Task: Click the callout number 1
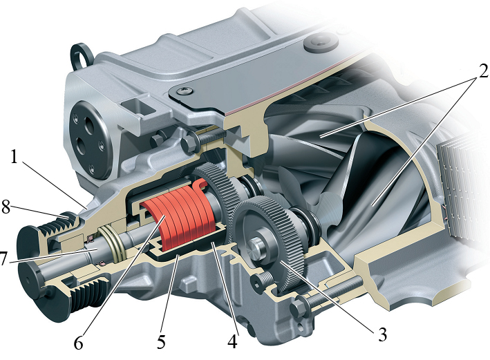(14, 157)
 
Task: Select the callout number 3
(382, 334)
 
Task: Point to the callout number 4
(232, 341)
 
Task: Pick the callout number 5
(160, 341)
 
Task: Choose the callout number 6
(78, 343)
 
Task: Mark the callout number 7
(3, 258)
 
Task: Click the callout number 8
(6, 207)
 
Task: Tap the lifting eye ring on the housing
(81, 56)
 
